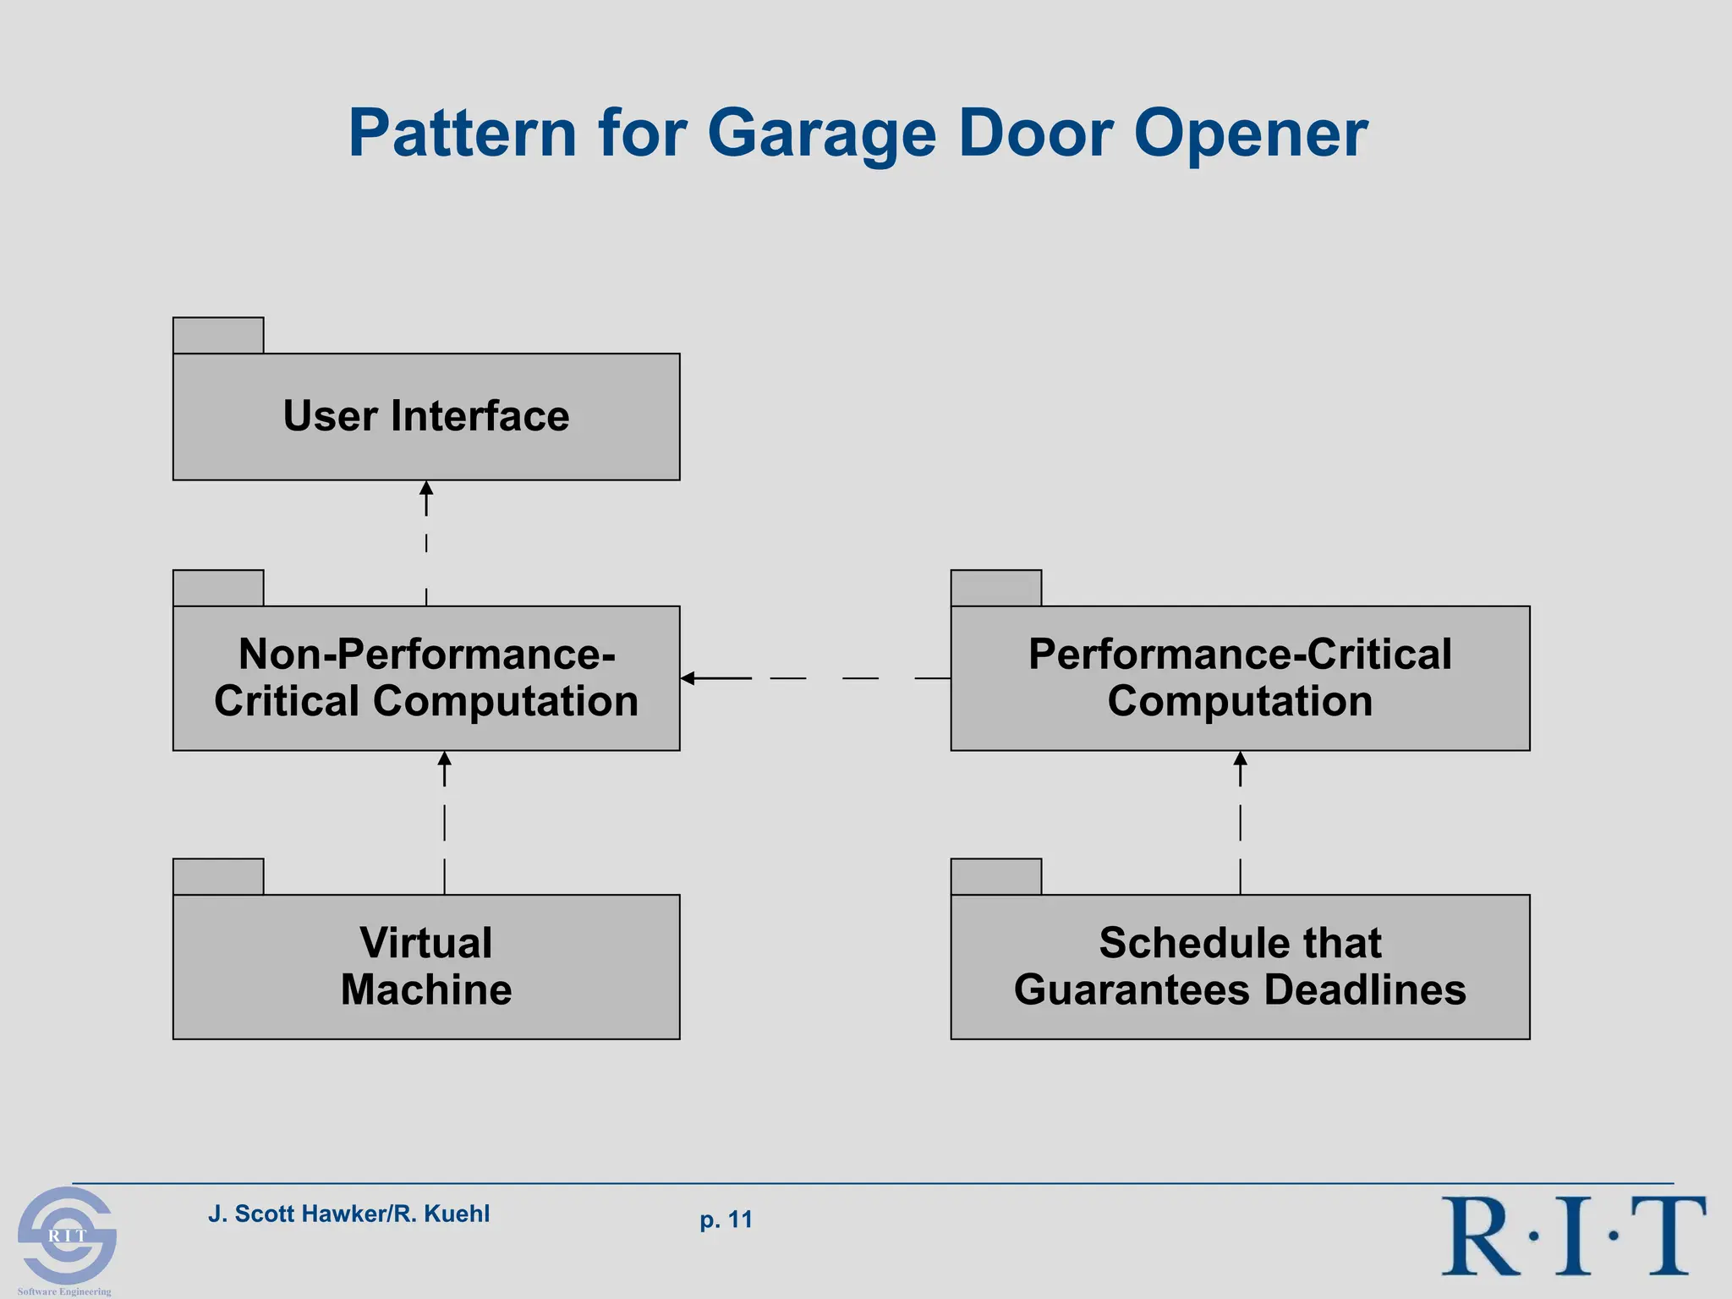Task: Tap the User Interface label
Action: (426, 416)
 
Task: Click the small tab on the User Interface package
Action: (218, 336)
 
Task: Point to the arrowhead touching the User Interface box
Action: (426, 488)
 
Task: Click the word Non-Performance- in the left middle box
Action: (426, 654)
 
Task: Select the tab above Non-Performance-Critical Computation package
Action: (218, 588)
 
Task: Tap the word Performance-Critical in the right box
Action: (1240, 654)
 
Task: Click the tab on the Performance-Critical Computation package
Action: (995, 588)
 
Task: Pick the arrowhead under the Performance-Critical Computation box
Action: (1240, 759)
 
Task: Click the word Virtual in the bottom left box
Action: (426, 942)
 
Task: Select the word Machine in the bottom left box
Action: (426, 989)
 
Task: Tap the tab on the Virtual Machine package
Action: (218, 877)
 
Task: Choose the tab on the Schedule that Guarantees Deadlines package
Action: (995, 877)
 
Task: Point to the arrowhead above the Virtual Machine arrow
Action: (445, 759)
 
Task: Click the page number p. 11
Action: (726, 1220)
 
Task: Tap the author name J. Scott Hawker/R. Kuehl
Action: (348, 1214)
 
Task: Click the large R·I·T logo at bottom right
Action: (1573, 1236)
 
